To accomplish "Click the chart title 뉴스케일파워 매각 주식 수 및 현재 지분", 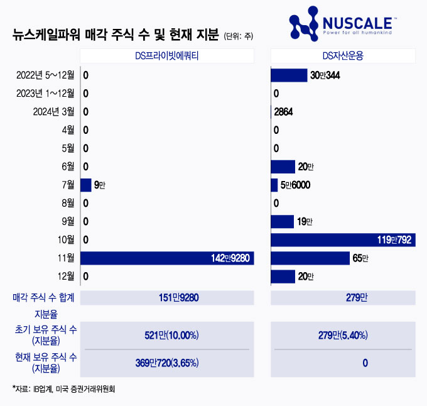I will (x=116, y=34).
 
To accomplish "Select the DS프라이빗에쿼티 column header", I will (x=167, y=56).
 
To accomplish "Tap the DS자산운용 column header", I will (x=343, y=56).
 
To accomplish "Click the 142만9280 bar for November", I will (x=167, y=258).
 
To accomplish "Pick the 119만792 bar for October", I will (x=343, y=239).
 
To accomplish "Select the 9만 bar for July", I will (x=86, y=185).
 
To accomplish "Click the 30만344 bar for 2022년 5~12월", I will (x=289, y=75).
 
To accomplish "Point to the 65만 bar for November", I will (x=310, y=258).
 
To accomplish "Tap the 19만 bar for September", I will (x=282, y=221).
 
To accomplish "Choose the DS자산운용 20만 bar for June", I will (x=283, y=167).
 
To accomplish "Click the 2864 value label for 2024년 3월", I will (x=283, y=112).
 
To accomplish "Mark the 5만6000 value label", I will (x=295, y=185).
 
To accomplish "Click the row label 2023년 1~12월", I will (x=45, y=94).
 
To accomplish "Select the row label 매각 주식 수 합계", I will (x=43, y=297).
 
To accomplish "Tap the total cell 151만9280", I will (x=167, y=297).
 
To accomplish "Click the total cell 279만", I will (x=343, y=297).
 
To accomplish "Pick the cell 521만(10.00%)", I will (x=167, y=335).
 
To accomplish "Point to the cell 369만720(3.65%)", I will (x=167, y=363).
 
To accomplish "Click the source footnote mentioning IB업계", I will (x=63, y=388).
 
